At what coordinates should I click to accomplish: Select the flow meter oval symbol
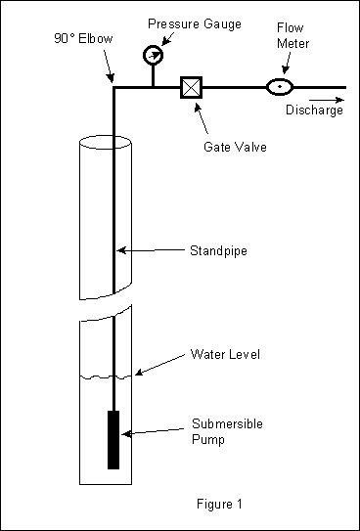coord(280,87)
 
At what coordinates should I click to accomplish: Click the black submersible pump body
coord(114,439)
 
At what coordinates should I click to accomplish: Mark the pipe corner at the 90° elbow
coord(114,88)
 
